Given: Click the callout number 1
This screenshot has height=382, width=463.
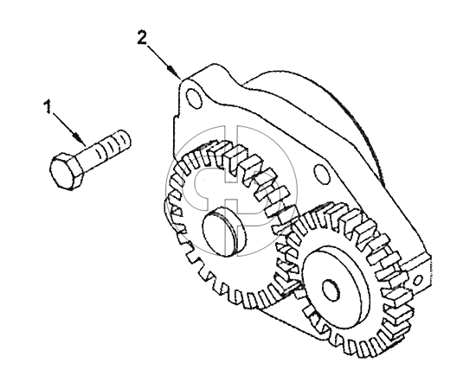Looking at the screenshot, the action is point(48,106).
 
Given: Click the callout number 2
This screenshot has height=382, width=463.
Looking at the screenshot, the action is point(142,38).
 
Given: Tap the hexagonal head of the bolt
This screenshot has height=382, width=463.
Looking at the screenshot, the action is point(66,170).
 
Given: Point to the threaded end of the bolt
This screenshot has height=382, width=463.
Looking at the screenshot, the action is point(113,144).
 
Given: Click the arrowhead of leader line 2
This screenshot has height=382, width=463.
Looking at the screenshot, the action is point(175,73).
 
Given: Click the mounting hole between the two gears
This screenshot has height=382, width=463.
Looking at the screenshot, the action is point(322,174).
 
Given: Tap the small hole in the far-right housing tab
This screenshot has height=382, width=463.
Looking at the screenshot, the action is point(417,280).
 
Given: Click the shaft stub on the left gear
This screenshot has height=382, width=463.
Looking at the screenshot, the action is point(224,231).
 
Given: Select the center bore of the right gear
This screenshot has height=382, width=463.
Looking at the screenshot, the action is point(331,290).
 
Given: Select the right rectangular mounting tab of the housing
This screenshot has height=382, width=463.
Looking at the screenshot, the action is point(417,273).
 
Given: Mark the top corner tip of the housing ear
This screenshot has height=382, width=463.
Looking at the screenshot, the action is point(181,79).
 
